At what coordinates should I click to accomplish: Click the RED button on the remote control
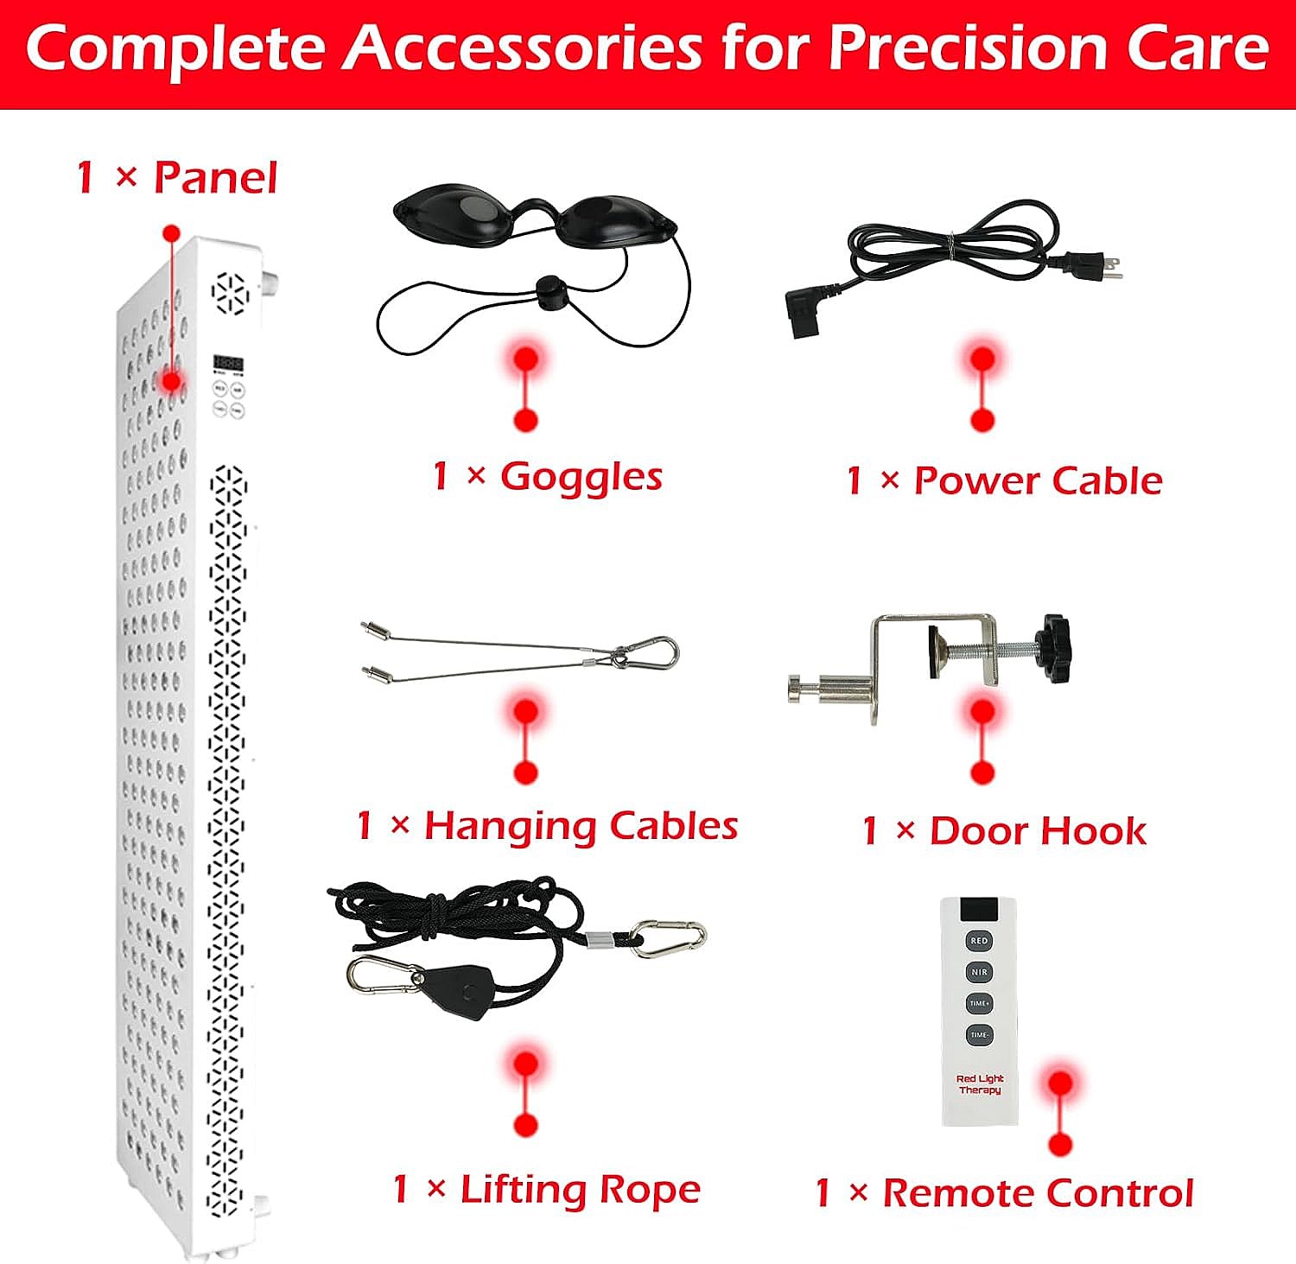pos(979,941)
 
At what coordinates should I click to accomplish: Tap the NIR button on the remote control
pos(979,972)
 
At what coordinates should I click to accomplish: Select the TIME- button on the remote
pos(979,1034)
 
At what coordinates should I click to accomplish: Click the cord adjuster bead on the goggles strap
pos(545,289)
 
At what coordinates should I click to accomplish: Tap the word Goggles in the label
pos(581,477)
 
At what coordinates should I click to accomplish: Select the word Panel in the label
pos(215,178)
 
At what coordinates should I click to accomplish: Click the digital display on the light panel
pos(228,364)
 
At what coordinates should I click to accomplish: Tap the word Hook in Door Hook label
pos(1092,831)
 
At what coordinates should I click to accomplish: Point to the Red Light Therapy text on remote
pos(980,1084)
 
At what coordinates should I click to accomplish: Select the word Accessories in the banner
pos(524,48)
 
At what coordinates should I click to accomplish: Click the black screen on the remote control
pos(979,909)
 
